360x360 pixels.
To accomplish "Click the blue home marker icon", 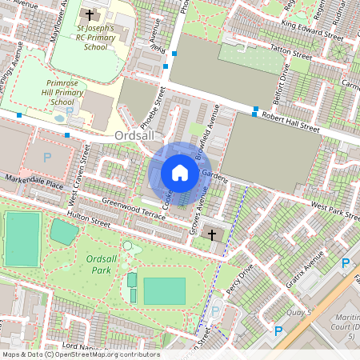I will click(180, 173).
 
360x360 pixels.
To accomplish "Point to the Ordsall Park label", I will click(101, 265).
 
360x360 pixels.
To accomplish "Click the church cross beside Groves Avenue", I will click(212, 234).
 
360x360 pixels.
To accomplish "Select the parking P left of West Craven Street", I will click(46, 158).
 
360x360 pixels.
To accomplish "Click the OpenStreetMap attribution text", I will click(80, 354).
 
